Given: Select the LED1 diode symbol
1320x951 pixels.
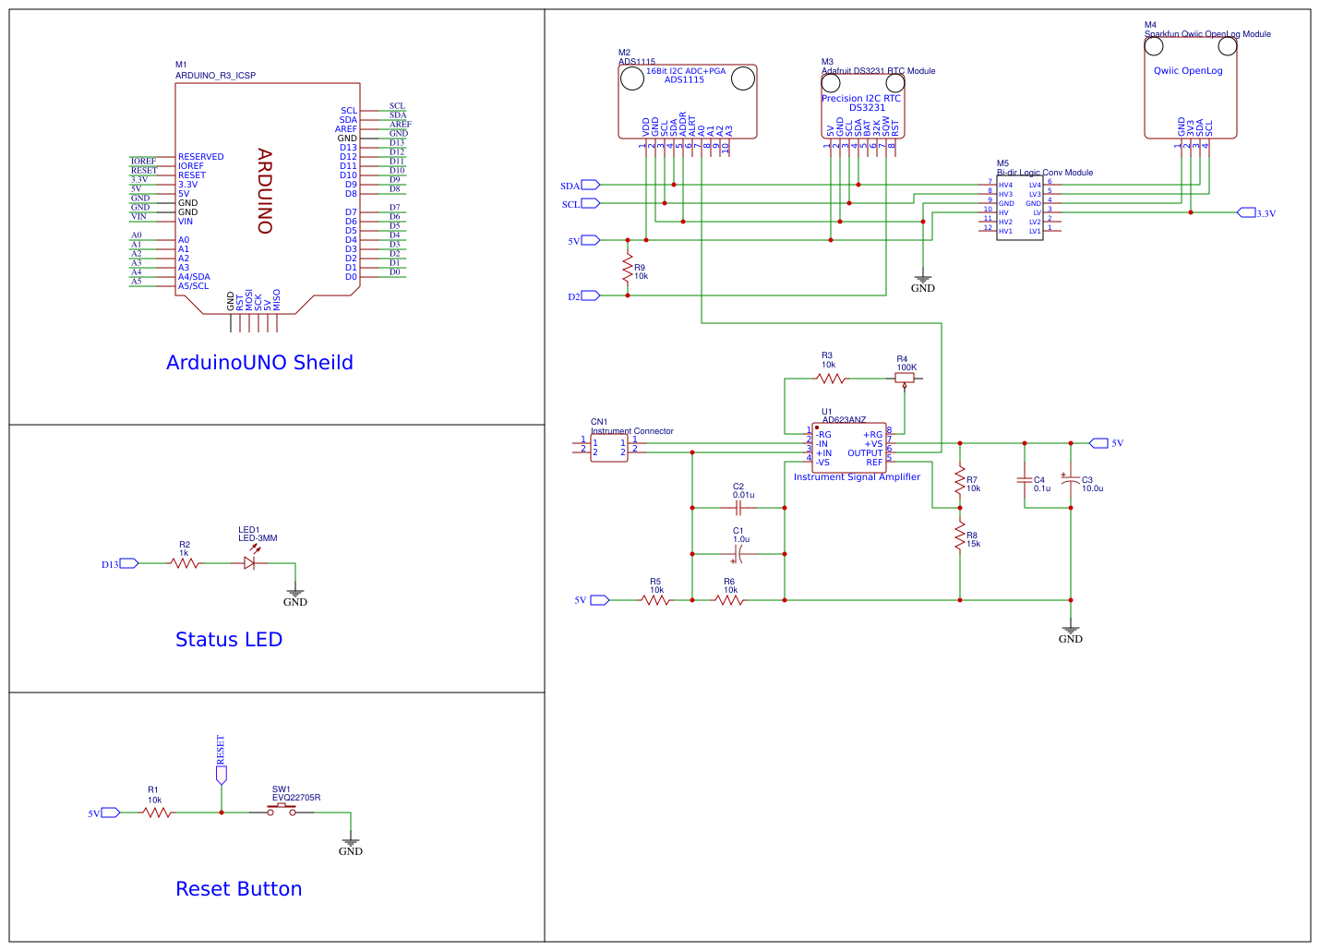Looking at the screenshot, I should click(249, 562).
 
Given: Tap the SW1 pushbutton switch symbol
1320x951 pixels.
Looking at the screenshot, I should click(282, 812).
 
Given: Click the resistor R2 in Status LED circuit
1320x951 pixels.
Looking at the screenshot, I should click(185, 562).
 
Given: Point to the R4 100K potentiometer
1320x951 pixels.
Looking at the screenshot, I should click(905, 378).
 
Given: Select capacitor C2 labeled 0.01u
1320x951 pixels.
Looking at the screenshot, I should click(738, 508).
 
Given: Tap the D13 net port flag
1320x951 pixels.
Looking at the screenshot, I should click(128, 563).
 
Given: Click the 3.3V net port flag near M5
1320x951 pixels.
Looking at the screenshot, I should click(1246, 212).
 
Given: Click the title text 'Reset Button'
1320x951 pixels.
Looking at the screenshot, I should click(239, 888).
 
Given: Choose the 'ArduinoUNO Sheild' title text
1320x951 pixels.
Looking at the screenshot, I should click(259, 362).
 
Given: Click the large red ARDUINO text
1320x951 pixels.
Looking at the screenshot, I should click(265, 191).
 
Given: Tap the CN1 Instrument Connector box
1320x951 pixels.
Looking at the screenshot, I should click(609, 448).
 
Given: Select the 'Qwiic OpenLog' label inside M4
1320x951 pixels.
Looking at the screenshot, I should click(1188, 70).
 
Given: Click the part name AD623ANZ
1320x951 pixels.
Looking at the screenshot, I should click(844, 419).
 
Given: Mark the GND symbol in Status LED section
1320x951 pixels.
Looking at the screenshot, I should click(294, 595).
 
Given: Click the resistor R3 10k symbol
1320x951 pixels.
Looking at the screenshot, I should click(831, 378).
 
